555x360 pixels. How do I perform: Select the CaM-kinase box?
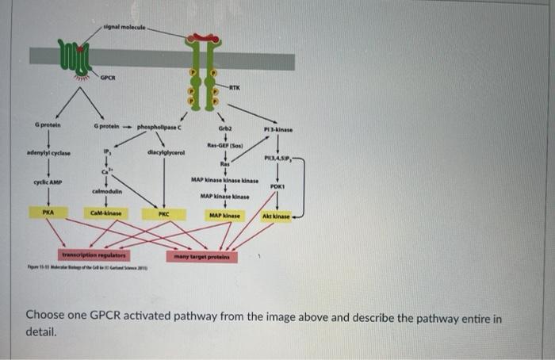106,214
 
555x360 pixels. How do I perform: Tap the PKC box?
163,214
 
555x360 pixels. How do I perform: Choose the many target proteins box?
197,256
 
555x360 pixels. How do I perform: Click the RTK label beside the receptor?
235,87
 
